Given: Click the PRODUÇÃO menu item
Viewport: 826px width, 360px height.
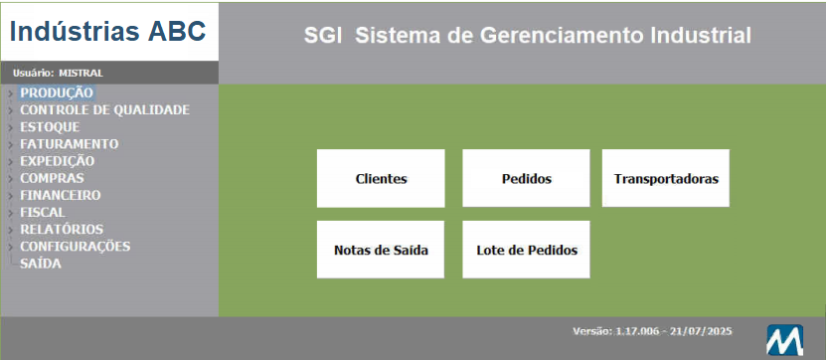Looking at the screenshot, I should pos(57,92).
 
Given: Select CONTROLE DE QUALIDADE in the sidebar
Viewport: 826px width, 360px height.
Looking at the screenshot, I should pos(104,109).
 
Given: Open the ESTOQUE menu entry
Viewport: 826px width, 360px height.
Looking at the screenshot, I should pos(50,127).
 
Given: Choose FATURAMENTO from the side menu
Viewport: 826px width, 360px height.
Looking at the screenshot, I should pos(69,144).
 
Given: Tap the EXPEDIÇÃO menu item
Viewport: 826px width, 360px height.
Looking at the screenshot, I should pos(58,161).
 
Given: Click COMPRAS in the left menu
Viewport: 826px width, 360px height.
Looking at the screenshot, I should pos(52,178).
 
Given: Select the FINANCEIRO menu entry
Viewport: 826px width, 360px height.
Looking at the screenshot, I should pos(60,195).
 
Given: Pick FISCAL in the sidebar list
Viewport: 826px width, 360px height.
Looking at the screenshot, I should pos(43,212).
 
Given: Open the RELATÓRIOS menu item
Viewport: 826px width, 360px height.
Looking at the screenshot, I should pos(62,229).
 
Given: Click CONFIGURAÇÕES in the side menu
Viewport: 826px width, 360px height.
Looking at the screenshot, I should pos(76,246).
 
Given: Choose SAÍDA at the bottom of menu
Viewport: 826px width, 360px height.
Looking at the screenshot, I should pos(41,264).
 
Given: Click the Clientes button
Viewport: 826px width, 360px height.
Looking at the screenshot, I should pos(381,179).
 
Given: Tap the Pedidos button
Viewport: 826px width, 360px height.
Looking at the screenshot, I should pos(526,179).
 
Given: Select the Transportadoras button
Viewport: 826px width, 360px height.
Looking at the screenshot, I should pos(666,179).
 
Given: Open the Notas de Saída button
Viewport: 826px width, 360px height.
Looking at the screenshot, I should pos(381,250).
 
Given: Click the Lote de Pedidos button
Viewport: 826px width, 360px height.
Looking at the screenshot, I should pos(526,250).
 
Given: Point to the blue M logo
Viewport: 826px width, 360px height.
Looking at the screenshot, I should pos(784,340).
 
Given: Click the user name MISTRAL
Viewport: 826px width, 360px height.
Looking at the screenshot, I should pos(81,73).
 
